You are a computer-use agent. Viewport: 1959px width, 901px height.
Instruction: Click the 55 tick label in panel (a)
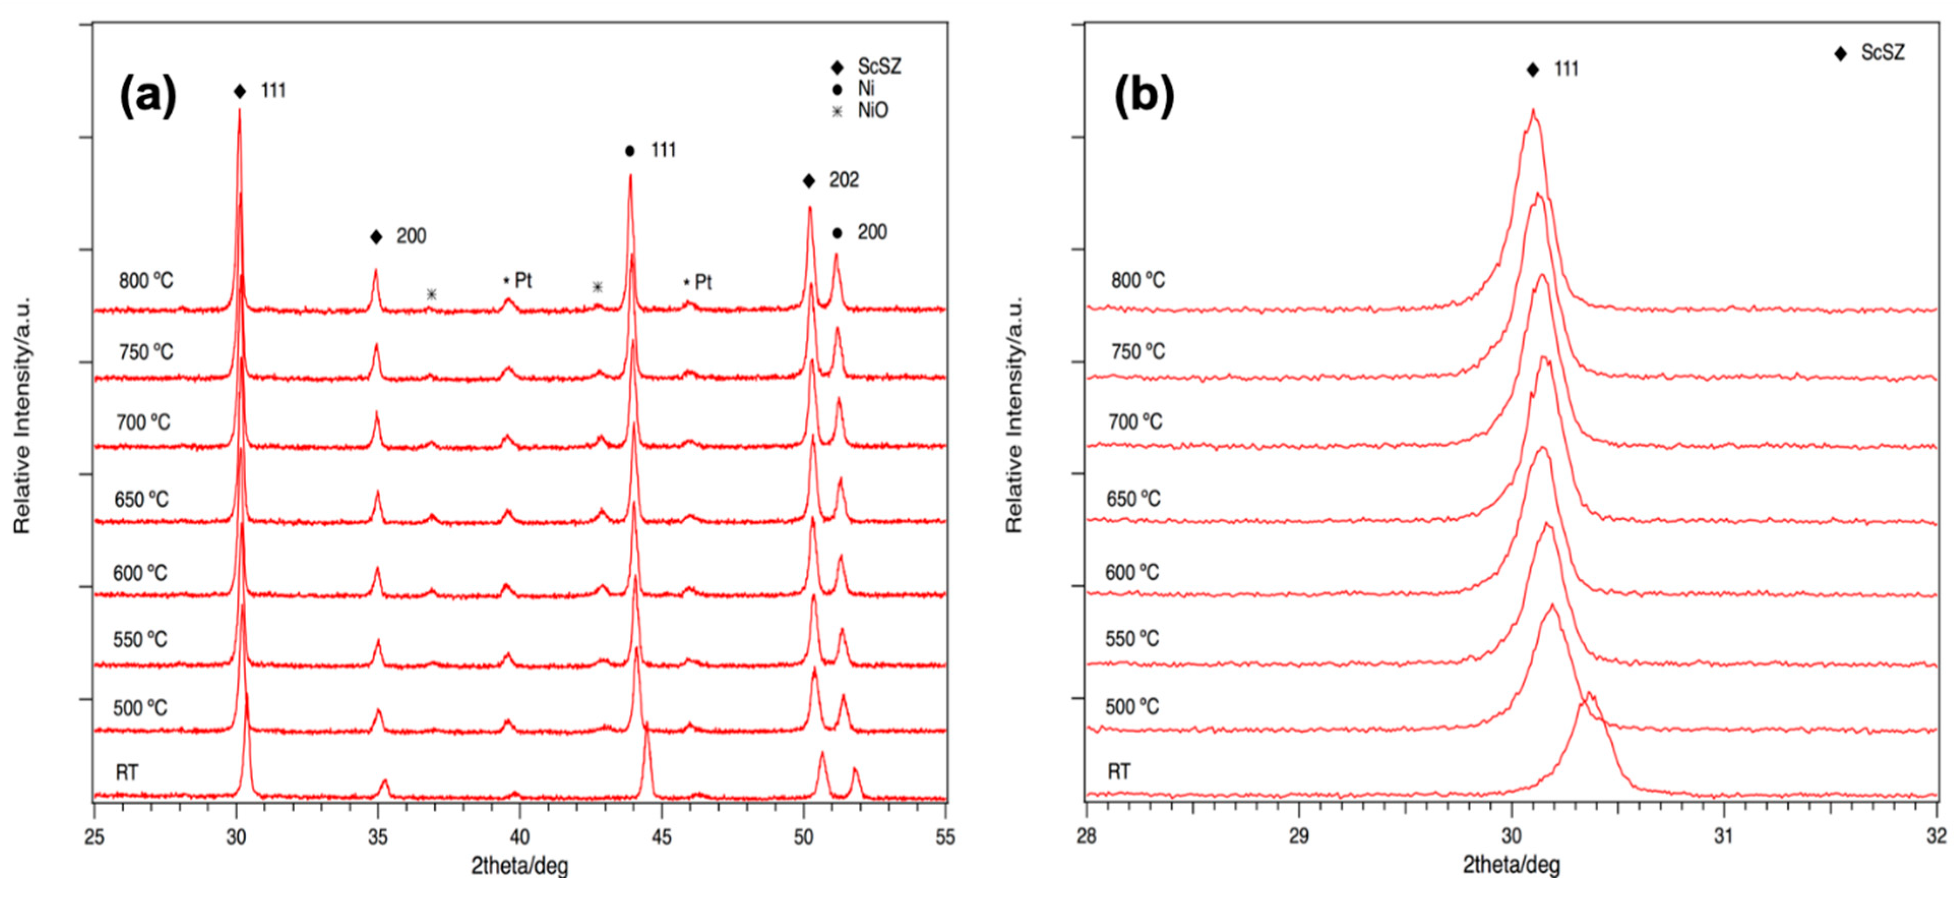945,837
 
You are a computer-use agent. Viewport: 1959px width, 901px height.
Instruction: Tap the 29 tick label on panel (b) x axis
1299,837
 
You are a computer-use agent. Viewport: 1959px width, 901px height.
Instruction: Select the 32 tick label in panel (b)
1936,837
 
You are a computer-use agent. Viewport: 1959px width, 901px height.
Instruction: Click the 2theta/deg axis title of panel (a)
519,865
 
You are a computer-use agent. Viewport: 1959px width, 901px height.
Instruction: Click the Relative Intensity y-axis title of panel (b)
1014,414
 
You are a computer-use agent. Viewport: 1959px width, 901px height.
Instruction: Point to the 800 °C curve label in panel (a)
145,280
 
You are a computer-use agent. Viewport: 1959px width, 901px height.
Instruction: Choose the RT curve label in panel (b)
1118,772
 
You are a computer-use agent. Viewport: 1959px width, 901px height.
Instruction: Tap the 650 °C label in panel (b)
1133,499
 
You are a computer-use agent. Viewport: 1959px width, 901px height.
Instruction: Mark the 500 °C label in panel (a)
140,708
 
